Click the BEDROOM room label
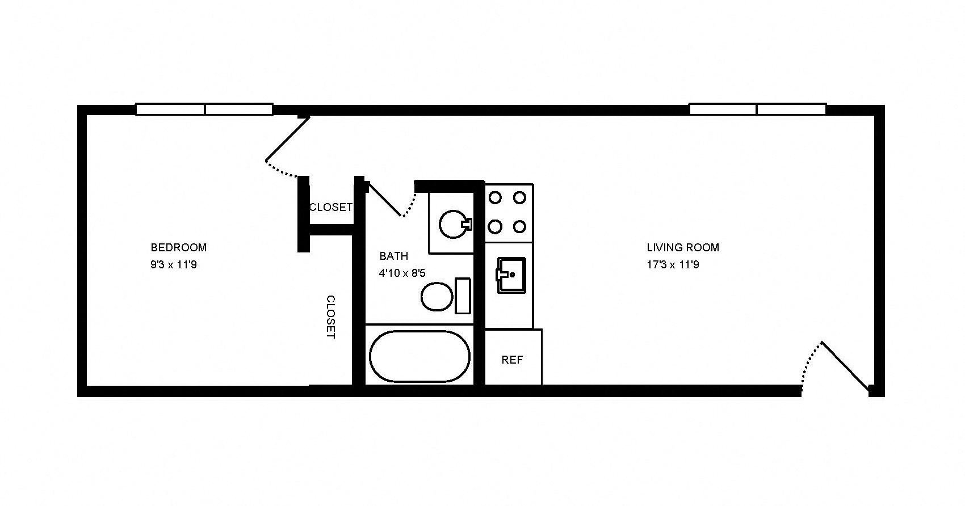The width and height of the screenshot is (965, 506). point(178,247)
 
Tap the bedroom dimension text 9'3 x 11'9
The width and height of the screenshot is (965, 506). point(174,264)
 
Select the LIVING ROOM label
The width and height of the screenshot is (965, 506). point(683,247)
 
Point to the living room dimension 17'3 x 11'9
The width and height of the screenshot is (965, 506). point(673,264)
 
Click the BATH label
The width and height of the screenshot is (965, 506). point(393,256)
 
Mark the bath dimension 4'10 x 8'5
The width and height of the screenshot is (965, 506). point(402,273)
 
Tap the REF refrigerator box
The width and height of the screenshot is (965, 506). point(513,360)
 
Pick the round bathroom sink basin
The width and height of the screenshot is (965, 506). point(453,225)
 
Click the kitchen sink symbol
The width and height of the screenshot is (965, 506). point(511,275)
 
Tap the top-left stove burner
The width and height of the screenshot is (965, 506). point(495,197)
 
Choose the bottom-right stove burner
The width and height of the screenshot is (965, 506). point(519,227)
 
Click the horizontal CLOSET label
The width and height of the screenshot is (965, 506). point(330,208)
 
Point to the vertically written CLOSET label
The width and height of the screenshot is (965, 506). point(330,317)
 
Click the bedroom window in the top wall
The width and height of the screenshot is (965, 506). point(204,109)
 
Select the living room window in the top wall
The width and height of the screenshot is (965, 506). point(757,109)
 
